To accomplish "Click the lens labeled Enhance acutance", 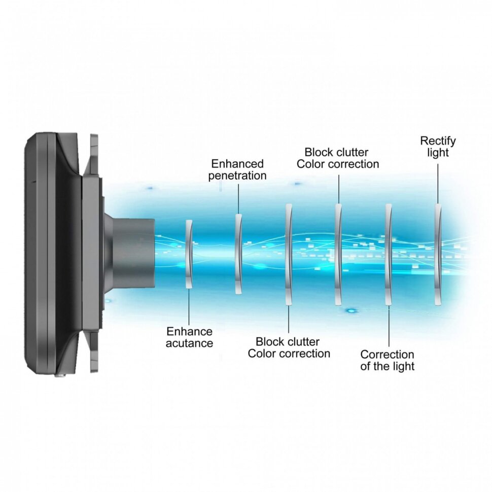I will tap(189, 254).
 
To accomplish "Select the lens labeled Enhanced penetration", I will tap(238, 253).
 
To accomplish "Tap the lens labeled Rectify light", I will tap(438, 254).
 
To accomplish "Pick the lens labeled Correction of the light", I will tap(388, 254).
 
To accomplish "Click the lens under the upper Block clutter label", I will tap(338, 254).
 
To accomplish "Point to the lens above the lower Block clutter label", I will tap(289, 254).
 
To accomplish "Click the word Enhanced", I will tap(237, 164).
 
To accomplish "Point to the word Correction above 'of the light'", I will tap(387, 354).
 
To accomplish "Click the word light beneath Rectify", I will tap(438, 153).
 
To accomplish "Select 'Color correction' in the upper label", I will tap(338, 164).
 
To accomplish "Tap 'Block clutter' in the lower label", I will tap(288, 341).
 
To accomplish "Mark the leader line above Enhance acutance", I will tap(189, 306).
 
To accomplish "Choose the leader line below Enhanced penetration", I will tap(238, 198).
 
